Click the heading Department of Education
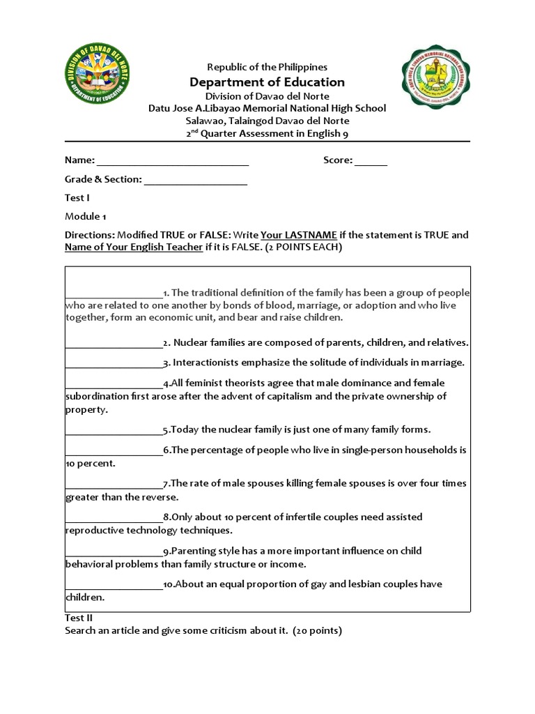coord(267,82)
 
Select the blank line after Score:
coord(371,161)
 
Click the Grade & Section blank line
coord(196,180)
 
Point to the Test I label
coord(77,198)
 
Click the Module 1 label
coord(86,216)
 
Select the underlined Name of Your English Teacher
coord(133,248)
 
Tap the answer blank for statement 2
coord(114,343)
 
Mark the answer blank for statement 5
coord(114,430)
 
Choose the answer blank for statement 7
coord(114,484)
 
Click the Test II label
coord(79,618)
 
